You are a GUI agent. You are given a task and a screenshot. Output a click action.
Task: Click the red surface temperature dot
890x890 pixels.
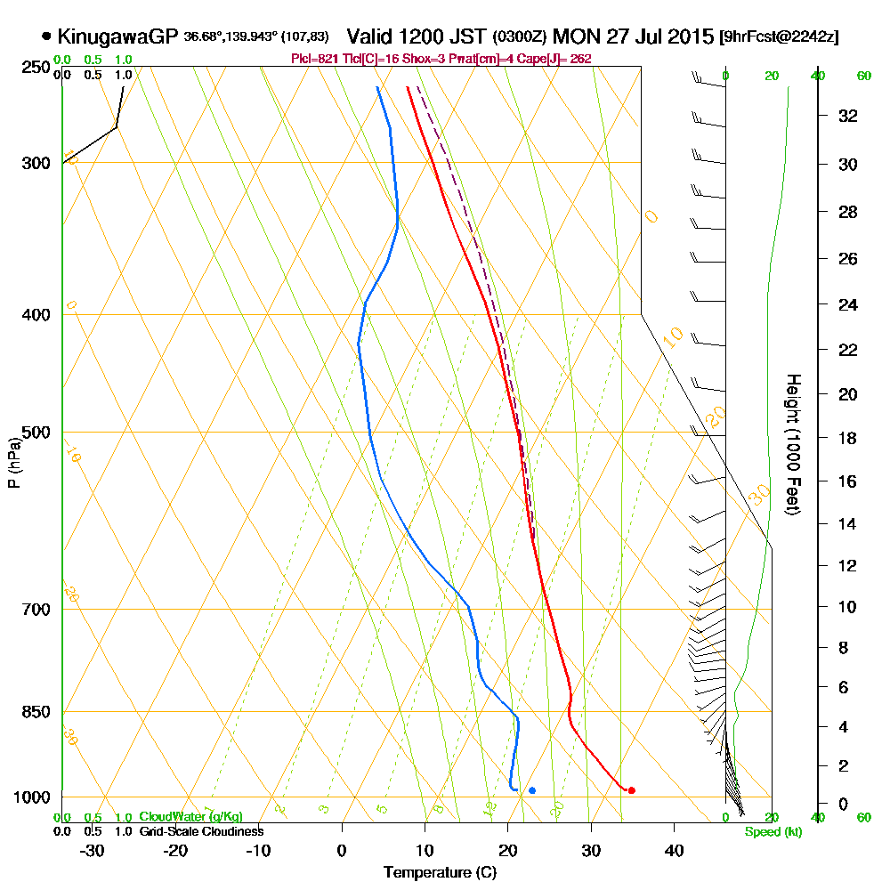(631, 790)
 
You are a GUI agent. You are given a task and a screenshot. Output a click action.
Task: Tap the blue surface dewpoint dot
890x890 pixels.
(532, 790)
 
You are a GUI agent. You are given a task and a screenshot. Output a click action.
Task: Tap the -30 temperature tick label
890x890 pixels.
(93, 850)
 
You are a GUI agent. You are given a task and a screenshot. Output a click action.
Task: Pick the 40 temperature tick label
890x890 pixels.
(674, 850)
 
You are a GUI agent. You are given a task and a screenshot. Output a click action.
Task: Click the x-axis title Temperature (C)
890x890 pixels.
(439, 873)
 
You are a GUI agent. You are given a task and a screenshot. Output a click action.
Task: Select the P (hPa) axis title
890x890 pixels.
(13, 462)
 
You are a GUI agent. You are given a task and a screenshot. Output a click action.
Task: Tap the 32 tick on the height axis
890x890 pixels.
(848, 116)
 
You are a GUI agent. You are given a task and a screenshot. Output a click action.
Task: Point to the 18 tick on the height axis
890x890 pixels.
(848, 438)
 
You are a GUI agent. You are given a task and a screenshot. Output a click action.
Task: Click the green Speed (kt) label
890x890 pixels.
(771, 832)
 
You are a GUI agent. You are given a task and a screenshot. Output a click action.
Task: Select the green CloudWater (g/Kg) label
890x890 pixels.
(190, 817)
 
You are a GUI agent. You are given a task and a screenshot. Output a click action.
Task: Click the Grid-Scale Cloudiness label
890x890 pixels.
(201, 831)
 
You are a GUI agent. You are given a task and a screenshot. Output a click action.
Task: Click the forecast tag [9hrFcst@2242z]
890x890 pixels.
(781, 37)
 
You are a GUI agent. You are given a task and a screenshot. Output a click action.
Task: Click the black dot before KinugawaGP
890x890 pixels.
(46, 37)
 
